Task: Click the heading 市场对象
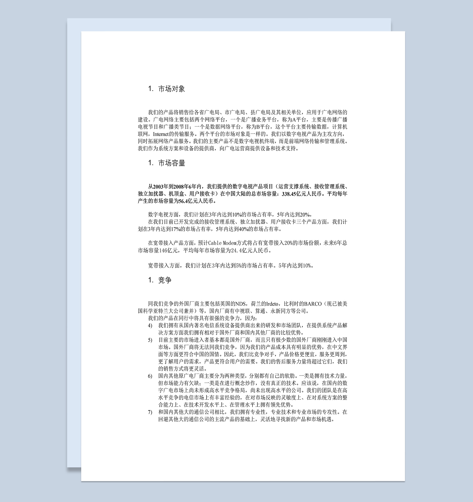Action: tap(171, 89)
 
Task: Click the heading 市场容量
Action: tap(171, 163)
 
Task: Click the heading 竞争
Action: tap(165, 280)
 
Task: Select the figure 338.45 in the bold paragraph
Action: tap(289, 194)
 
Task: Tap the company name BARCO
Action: tap(313, 304)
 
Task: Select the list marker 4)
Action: tap(150, 326)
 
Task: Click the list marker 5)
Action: tap(150, 340)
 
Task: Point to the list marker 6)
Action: tap(150, 376)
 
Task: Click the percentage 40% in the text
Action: tap(243, 229)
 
